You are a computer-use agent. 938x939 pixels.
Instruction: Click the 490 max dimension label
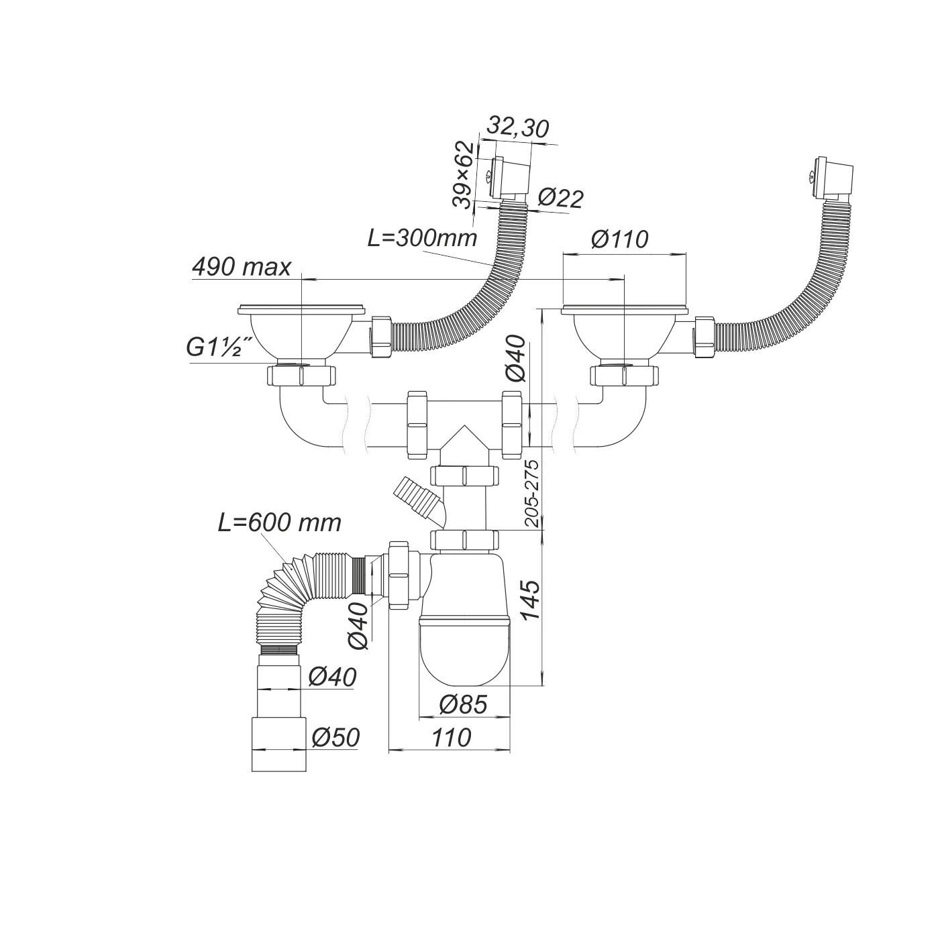pos(242,267)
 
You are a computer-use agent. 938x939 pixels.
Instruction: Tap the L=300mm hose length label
pos(422,237)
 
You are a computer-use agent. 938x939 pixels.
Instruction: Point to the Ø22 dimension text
pos(560,198)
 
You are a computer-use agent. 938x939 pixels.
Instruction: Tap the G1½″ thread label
pos(219,348)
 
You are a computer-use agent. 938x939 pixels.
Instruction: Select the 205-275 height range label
pos(532,493)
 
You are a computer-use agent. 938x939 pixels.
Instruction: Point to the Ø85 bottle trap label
pos(462,704)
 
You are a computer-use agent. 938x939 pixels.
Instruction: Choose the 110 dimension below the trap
pos(451,738)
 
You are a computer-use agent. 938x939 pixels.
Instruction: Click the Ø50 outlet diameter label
pos(335,738)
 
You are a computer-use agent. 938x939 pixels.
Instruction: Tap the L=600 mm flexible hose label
pos(279,522)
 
